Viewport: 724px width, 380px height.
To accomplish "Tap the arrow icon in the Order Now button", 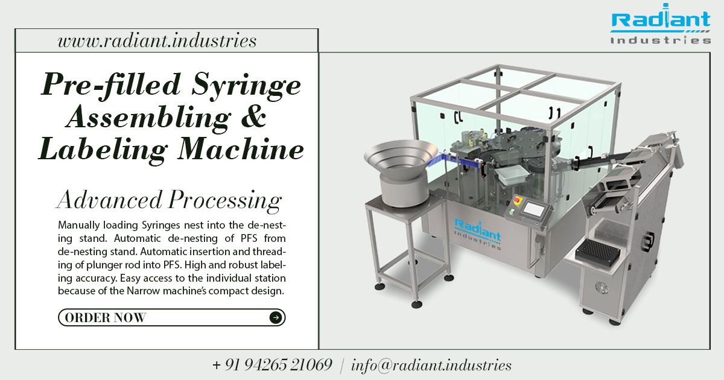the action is pyautogui.click(x=275, y=317).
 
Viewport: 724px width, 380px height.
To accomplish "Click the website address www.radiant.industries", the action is pyautogui.click(x=157, y=41).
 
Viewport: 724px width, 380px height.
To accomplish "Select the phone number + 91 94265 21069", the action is pyautogui.click(x=272, y=365).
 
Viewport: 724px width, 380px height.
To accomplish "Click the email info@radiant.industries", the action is pyautogui.click(x=431, y=365).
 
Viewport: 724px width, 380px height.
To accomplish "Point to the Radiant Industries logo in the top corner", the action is pyautogui.click(x=660, y=27).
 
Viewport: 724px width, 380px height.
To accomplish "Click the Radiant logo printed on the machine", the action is pyautogui.click(x=477, y=232).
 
